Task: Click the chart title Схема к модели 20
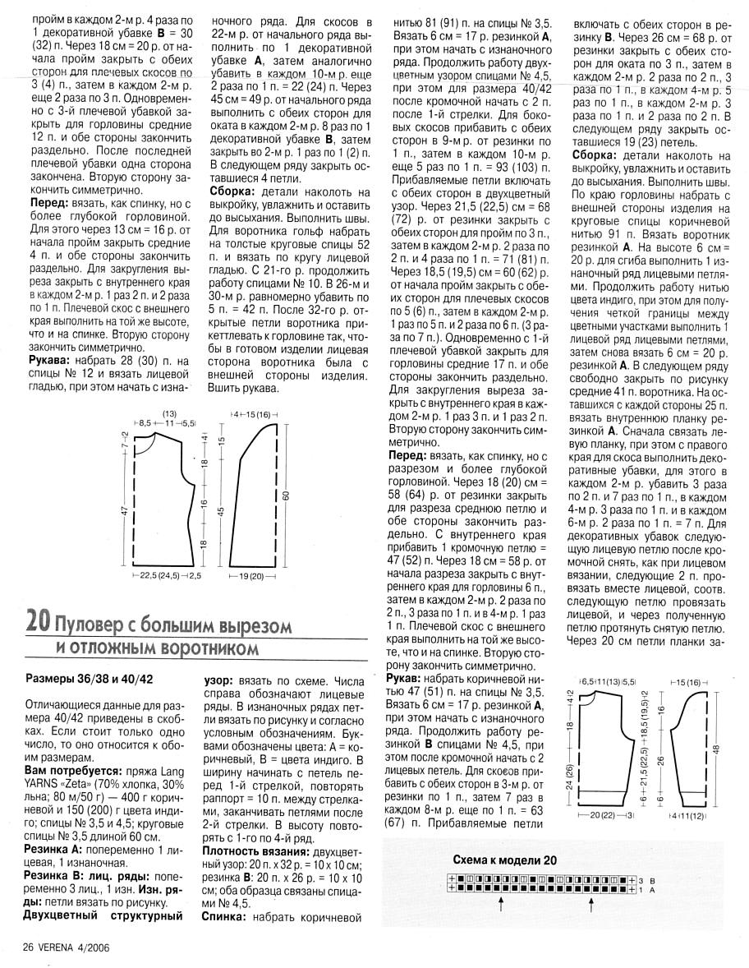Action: [x=504, y=860]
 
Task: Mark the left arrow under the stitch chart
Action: [x=501, y=904]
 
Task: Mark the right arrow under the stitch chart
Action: [x=591, y=904]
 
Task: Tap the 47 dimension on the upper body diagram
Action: [x=124, y=509]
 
